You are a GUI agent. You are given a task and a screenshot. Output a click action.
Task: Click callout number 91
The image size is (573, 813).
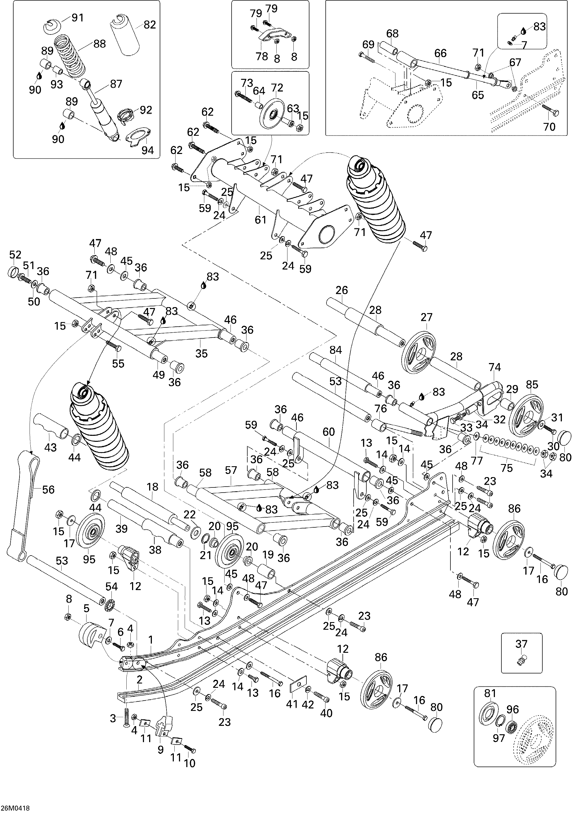[x=78, y=18]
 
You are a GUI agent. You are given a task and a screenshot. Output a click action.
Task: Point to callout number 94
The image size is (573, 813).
[x=148, y=150]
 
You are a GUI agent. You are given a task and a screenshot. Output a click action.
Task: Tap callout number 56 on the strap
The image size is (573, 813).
[x=49, y=490]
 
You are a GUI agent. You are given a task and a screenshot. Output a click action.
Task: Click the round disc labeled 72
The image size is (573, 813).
[x=272, y=114]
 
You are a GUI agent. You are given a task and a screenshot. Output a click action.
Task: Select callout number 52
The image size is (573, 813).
[x=15, y=255]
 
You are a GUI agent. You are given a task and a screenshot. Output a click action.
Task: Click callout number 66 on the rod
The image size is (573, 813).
[x=440, y=53]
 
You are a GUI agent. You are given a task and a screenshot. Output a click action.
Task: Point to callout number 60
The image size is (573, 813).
[x=329, y=432]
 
